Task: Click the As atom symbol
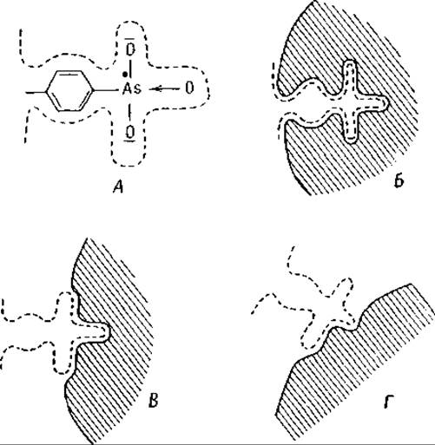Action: tap(132, 88)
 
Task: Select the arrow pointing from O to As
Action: tap(164, 88)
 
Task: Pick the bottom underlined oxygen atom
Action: tap(130, 133)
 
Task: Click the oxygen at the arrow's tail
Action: tap(189, 88)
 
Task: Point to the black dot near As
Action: tap(125, 75)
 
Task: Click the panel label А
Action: tap(119, 188)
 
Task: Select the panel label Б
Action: tap(399, 181)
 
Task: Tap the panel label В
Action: tap(153, 401)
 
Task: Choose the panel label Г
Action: tap(388, 402)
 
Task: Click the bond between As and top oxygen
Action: tap(130, 69)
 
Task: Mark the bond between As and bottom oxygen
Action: tap(129, 112)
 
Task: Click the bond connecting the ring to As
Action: tap(107, 91)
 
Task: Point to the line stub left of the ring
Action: tap(36, 92)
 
